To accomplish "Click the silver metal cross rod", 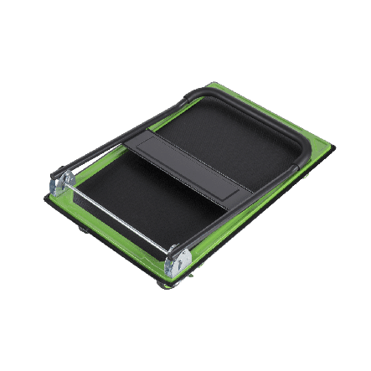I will point(116,216).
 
